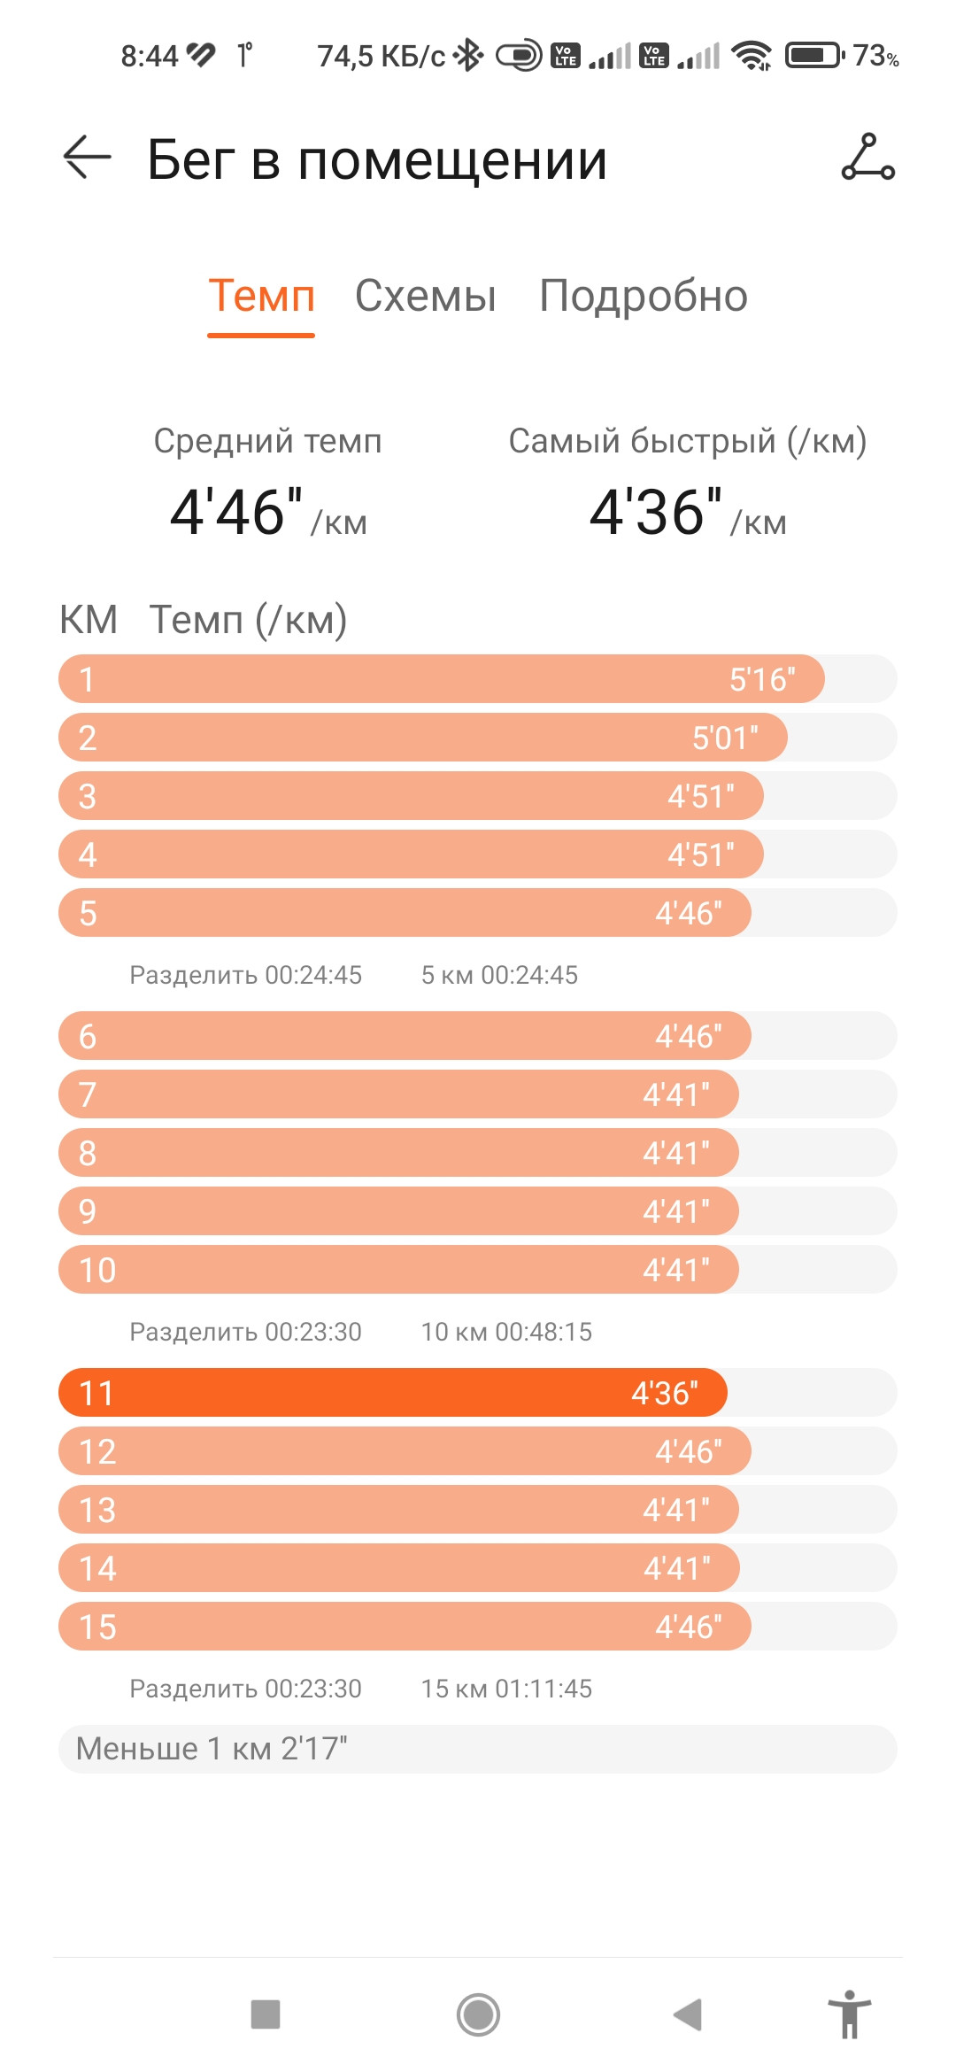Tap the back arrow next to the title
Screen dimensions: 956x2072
[x=87, y=158]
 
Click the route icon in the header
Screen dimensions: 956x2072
[x=867, y=158]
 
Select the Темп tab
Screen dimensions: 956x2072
[x=261, y=296]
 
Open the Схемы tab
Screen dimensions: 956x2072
[x=425, y=296]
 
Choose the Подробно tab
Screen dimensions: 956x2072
[x=644, y=297]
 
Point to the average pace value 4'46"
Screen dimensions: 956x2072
[x=236, y=512]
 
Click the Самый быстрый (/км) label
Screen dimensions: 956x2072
[x=687, y=441]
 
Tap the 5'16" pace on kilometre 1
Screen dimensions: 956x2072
[x=762, y=679]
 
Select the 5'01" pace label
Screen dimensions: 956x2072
[x=725, y=738]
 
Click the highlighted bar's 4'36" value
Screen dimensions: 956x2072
[x=664, y=1393]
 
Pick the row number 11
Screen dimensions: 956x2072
[x=96, y=1393]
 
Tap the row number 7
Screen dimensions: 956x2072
[x=87, y=1094]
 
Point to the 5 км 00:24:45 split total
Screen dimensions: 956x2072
[x=499, y=975]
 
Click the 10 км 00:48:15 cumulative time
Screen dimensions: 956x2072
[x=506, y=1332]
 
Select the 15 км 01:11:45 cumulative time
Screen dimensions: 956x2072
[x=506, y=1689]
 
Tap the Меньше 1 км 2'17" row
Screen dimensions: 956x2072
[x=478, y=1749]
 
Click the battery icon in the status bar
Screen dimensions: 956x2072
[x=815, y=56]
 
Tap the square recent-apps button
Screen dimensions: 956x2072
[x=266, y=2014]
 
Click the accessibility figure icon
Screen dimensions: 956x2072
[x=850, y=2014]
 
